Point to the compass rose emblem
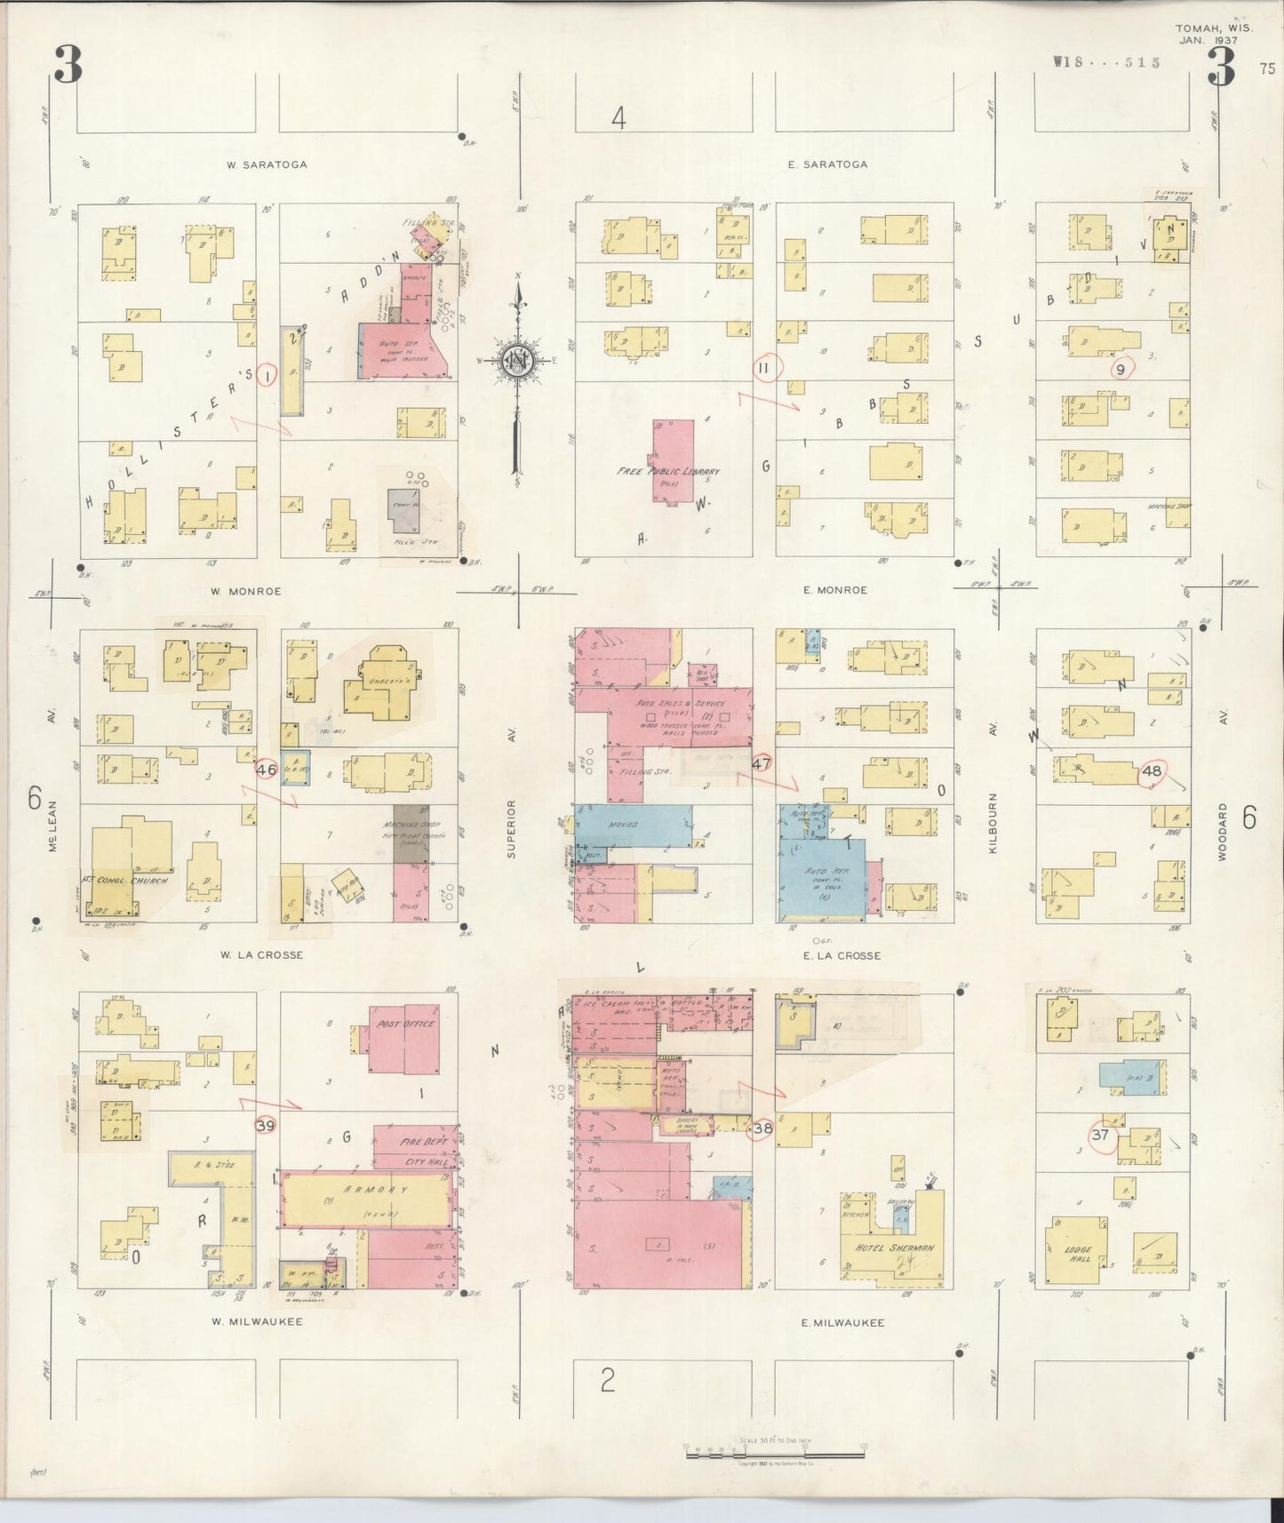514,361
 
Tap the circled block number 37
1101,1135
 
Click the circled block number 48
1152,771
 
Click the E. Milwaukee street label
843,1323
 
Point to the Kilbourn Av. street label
993,824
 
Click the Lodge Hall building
1078,1253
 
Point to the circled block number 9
1121,369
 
